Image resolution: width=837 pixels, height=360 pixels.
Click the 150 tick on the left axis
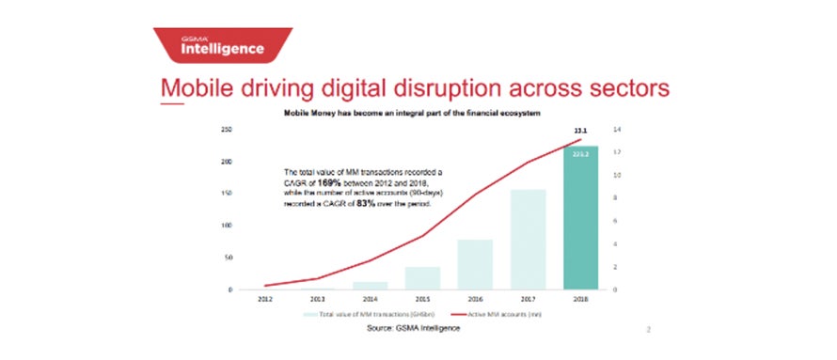point(226,194)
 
